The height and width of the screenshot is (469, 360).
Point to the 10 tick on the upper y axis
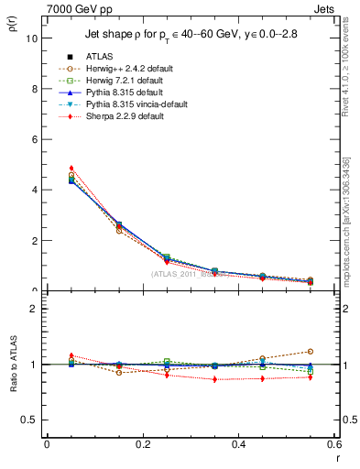point(31,38)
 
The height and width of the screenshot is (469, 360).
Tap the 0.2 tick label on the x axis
point(142,444)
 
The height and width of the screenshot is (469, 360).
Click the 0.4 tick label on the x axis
point(238,444)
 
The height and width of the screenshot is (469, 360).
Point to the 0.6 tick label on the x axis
point(333,444)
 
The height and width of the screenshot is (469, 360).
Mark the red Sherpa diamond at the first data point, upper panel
point(71,169)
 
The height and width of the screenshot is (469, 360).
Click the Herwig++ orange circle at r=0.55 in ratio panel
point(311,351)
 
